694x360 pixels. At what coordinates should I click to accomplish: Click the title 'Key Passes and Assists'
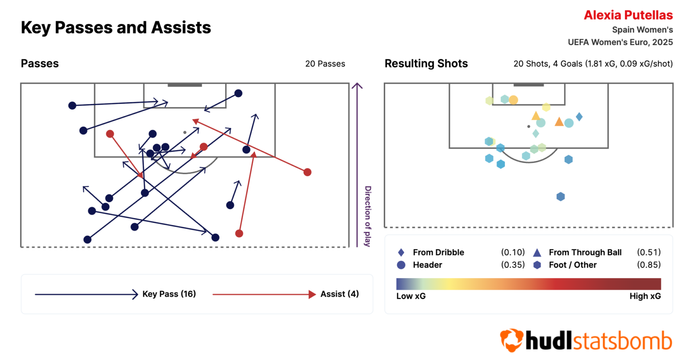pyautogui.click(x=116, y=28)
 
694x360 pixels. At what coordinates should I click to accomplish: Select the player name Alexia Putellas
pyautogui.click(x=628, y=15)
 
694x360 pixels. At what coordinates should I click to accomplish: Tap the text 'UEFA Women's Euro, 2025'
pyautogui.click(x=620, y=42)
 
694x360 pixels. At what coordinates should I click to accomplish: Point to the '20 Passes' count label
pyautogui.click(x=325, y=64)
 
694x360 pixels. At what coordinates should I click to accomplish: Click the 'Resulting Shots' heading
pyautogui.click(x=426, y=64)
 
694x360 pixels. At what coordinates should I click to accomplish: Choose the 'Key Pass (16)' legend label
pyautogui.click(x=169, y=294)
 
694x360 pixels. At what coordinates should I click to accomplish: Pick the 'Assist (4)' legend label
pyautogui.click(x=339, y=294)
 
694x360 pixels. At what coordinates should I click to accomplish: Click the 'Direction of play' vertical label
pyautogui.click(x=368, y=216)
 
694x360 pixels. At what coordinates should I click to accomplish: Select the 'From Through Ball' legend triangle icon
pyautogui.click(x=537, y=252)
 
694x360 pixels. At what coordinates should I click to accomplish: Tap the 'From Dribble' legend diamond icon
pyautogui.click(x=401, y=252)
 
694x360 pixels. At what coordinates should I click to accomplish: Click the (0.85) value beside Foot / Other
pyautogui.click(x=648, y=265)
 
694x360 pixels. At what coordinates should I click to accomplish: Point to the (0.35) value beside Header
pyautogui.click(x=513, y=265)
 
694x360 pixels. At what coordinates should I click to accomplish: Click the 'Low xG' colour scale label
pyautogui.click(x=411, y=296)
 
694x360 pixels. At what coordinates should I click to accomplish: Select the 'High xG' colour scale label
pyautogui.click(x=645, y=296)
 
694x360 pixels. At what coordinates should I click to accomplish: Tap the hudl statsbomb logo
pyautogui.click(x=586, y=340)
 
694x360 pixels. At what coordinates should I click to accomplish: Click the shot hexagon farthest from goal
pyautogui.click(x=560, y=197)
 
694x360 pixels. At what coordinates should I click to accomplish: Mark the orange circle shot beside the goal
pyautogui.click(x=514, y=100)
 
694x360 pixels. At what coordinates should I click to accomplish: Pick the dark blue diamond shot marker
pyautogui.click(x=579, y=117)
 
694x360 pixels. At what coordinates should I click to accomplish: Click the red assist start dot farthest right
pyautogui.click(x=308, y=172)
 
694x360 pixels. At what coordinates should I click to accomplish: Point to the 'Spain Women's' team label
pyautogui.click(x=642, y=30)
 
